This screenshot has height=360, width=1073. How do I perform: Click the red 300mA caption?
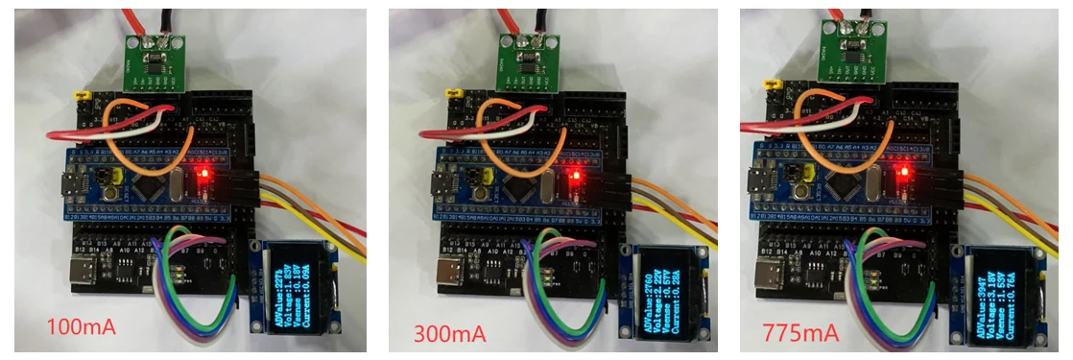point(449,335)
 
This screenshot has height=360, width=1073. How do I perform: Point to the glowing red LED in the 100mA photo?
point(203,174)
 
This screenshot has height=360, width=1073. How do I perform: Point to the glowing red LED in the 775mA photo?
point(904,174)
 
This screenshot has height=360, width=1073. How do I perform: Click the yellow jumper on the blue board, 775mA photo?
point(813,174)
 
